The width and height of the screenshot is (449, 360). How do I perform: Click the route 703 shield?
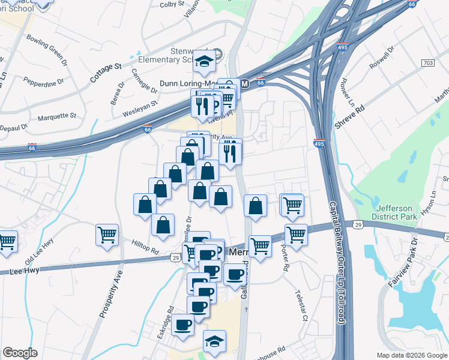click(x=428, y=63)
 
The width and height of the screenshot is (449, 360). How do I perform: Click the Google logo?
click(x=20, y=353)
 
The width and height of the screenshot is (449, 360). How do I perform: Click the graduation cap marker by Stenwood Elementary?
click(x=205, y=61)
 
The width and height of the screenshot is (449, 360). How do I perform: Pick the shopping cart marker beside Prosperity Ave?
click(x=107, y=235)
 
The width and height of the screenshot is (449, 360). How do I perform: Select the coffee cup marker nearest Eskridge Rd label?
click(x=182, y=325)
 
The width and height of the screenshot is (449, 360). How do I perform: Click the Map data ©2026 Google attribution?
click(x=411, y=355)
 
